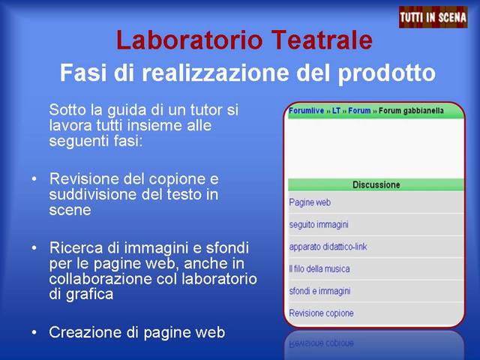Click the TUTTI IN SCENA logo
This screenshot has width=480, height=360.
click(433, 17)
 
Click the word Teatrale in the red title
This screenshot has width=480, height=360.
click(322, 40)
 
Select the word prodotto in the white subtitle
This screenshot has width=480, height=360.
click(386, 73)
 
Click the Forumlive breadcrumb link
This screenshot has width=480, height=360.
click(307, 110)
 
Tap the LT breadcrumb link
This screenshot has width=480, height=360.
click(336, 110)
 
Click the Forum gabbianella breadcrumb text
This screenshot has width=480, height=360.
click(411, 111)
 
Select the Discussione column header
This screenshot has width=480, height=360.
click(376, 184)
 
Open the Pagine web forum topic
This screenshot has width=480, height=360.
click(310, 202)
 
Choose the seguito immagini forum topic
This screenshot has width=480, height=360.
click(319, 225)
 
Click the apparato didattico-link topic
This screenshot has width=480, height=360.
click(328, 247)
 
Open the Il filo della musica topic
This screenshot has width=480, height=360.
click(319, 268)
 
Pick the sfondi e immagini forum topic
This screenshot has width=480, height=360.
click(319, 291)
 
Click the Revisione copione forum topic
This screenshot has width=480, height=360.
click(321, 313)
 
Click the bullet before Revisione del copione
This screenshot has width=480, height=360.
click(34, 178)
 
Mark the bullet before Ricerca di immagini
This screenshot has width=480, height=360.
click(34, 247)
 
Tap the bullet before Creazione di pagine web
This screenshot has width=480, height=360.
click(34, 332)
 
